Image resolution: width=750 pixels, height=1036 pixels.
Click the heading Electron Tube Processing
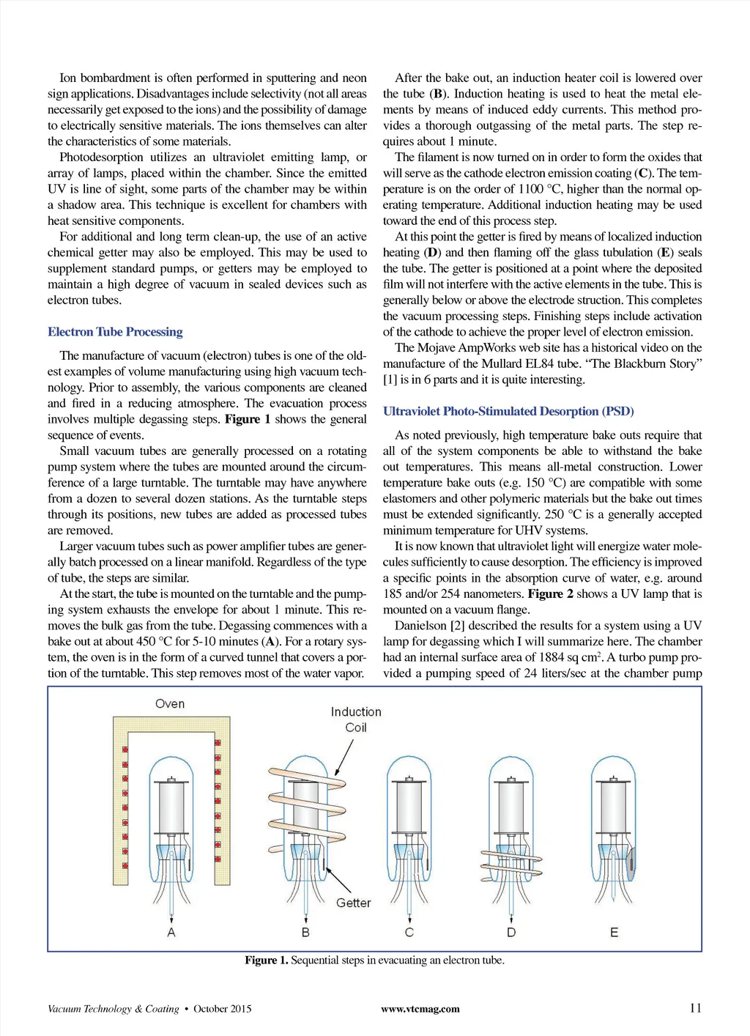(x=115, y=332)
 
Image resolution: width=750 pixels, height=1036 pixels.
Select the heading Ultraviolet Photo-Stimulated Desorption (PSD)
(x=508, y=411)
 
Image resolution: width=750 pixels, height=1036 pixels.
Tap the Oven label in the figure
(x=170, y=703)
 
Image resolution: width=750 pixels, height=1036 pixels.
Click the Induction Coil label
(x=356, y=719)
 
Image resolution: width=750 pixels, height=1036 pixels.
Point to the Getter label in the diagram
(x=353, y=903)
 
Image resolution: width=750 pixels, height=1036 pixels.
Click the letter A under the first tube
(x=171, y=932)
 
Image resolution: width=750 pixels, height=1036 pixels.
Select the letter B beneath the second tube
(x=305, y=932)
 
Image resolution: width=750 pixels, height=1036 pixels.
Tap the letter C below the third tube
(x=409, y=932)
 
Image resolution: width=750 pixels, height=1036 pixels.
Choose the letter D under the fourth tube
(x=511, y=932)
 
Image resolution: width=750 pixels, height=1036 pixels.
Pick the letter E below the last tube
(x=614, y=932)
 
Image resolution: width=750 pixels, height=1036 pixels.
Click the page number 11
(x=695, y=1008)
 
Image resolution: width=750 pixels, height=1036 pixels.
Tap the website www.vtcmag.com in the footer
(x=420, y=1009)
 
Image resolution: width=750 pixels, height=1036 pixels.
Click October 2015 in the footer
(x=223, y=1009)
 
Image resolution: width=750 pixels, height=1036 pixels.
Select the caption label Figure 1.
(x=266, y=961)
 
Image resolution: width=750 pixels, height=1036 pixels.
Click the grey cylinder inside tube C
(x=409, y=806)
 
